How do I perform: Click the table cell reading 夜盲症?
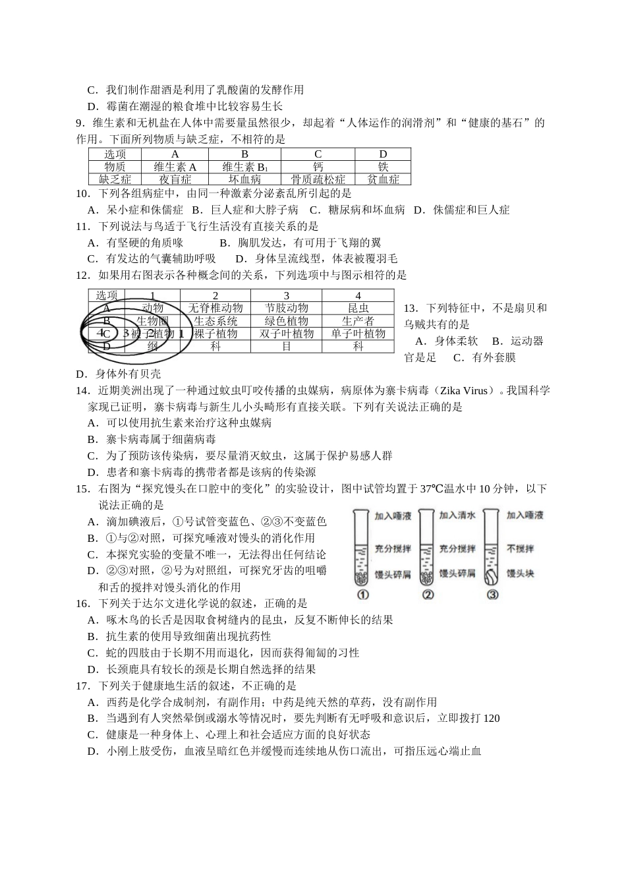[x=175, y=179]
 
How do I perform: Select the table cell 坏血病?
[x=244, y=179]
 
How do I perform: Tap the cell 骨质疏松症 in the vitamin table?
[x=318, y=179]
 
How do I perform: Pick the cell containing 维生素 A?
[x=175, y=167]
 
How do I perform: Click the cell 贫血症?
[x=383, y=179]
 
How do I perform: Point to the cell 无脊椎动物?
[x=215, y=308]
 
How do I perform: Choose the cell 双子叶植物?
[x=286, y=334]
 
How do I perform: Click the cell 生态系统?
[x=215, y=321]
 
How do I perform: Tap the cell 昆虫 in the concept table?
[x=358, y=308]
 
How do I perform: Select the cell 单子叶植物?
[x=358, y=334]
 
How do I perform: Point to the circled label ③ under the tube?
[x=493, y=595]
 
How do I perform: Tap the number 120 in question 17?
[x=492, y=718]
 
